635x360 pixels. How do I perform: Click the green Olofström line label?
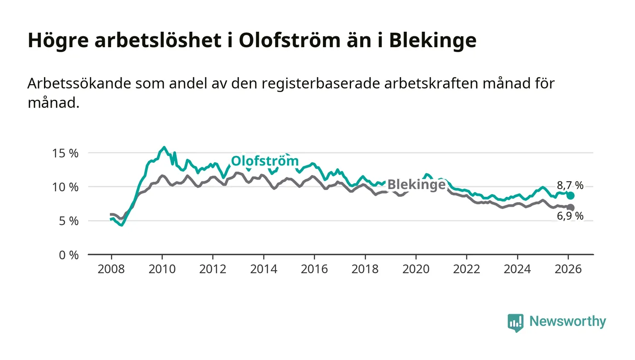coord(265,161)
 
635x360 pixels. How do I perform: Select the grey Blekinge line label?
coord(416,185)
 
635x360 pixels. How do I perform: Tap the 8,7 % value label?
coord(570,185)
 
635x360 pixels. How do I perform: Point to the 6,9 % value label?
coord(570,216)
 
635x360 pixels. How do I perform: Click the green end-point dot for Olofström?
coord(571,195)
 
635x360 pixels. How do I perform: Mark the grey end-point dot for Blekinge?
coord(571,207)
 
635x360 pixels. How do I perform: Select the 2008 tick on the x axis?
coord(111,268)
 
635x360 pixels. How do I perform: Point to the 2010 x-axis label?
coord(162,268)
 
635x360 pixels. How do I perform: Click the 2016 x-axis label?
coord(314,268)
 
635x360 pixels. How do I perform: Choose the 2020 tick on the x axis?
coord(416,268)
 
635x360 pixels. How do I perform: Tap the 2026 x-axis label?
coord(568,268)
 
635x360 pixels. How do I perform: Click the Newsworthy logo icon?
coord(515,322)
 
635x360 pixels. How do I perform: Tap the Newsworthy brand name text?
coord(567,321)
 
